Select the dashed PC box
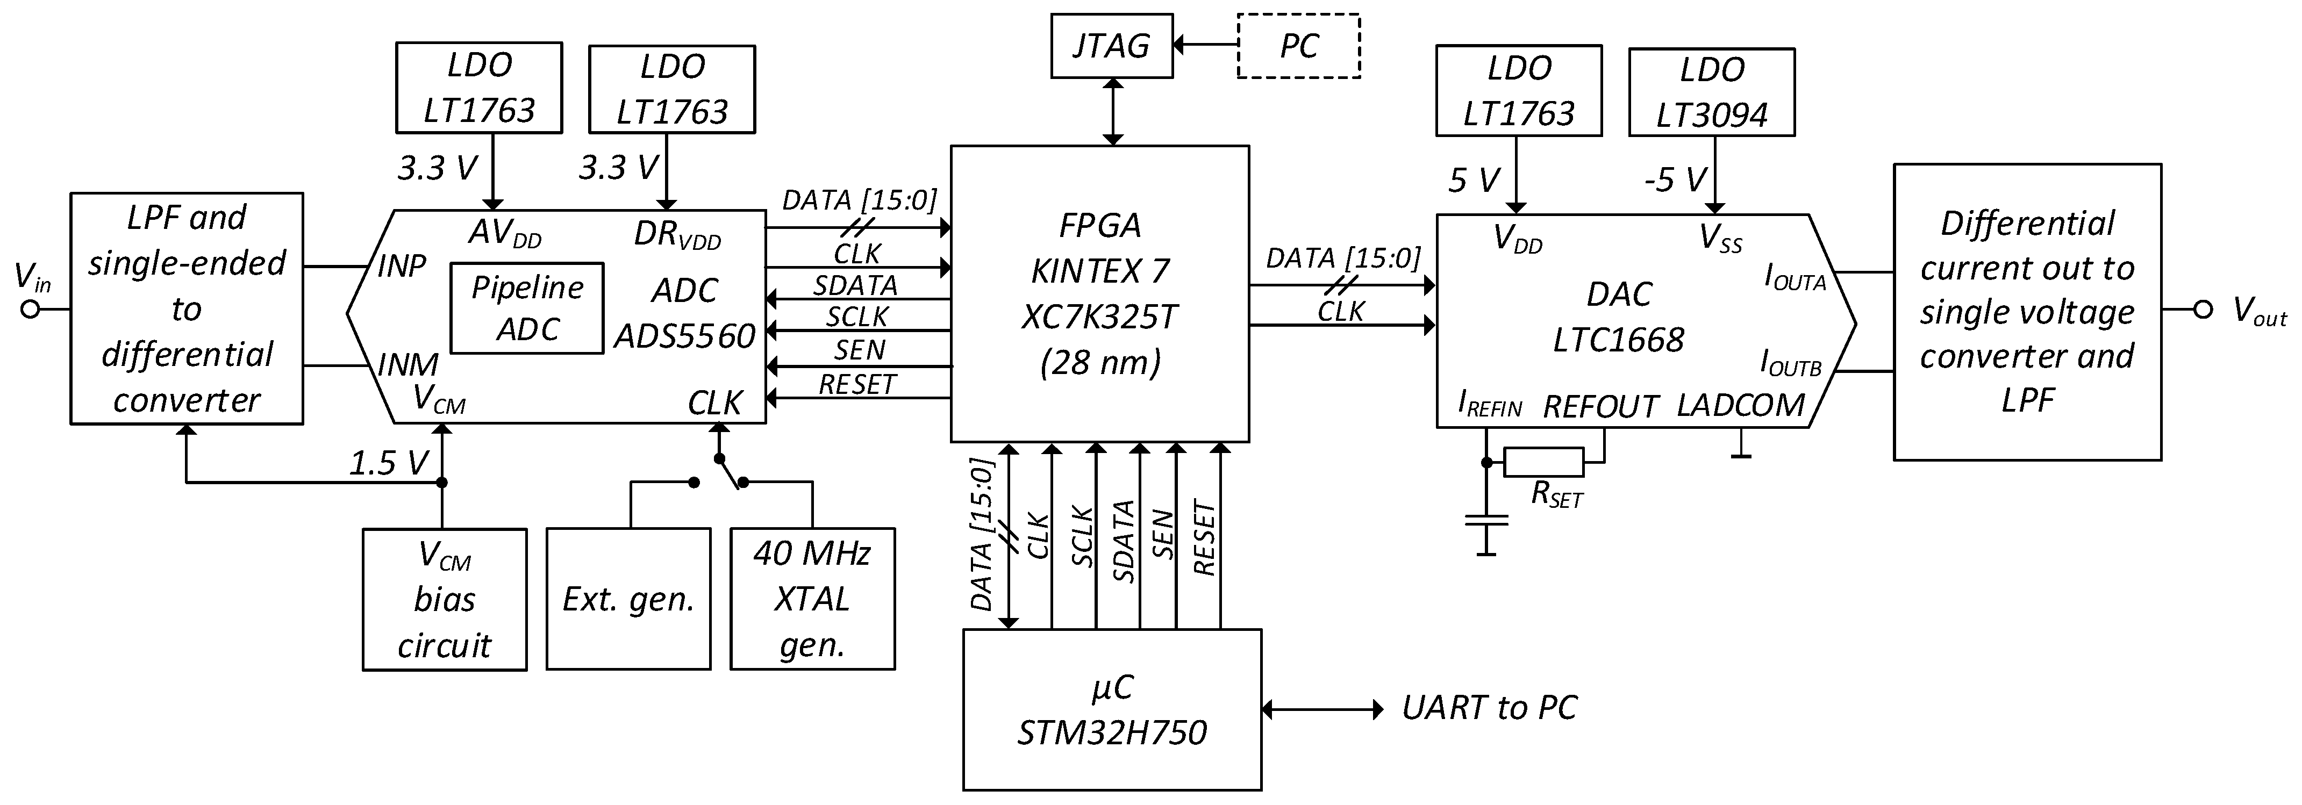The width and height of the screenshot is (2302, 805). [x=1298, y=46]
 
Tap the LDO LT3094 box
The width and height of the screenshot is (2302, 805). [x=1711, y=92]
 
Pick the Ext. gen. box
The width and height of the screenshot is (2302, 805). [x=628, y=599]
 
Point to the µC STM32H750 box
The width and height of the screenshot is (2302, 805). [x=1112, y=709]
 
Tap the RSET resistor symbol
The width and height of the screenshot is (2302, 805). [x=1543, y=462]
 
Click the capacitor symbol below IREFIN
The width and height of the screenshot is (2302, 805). [x=1485, y=521]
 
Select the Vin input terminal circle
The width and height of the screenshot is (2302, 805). [x=31, y=310]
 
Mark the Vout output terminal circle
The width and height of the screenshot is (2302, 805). [x=2203, y=310]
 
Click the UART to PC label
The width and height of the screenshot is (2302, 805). [x=1489, y=708]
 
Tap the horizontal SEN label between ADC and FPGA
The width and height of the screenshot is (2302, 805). [x=859, y=349]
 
